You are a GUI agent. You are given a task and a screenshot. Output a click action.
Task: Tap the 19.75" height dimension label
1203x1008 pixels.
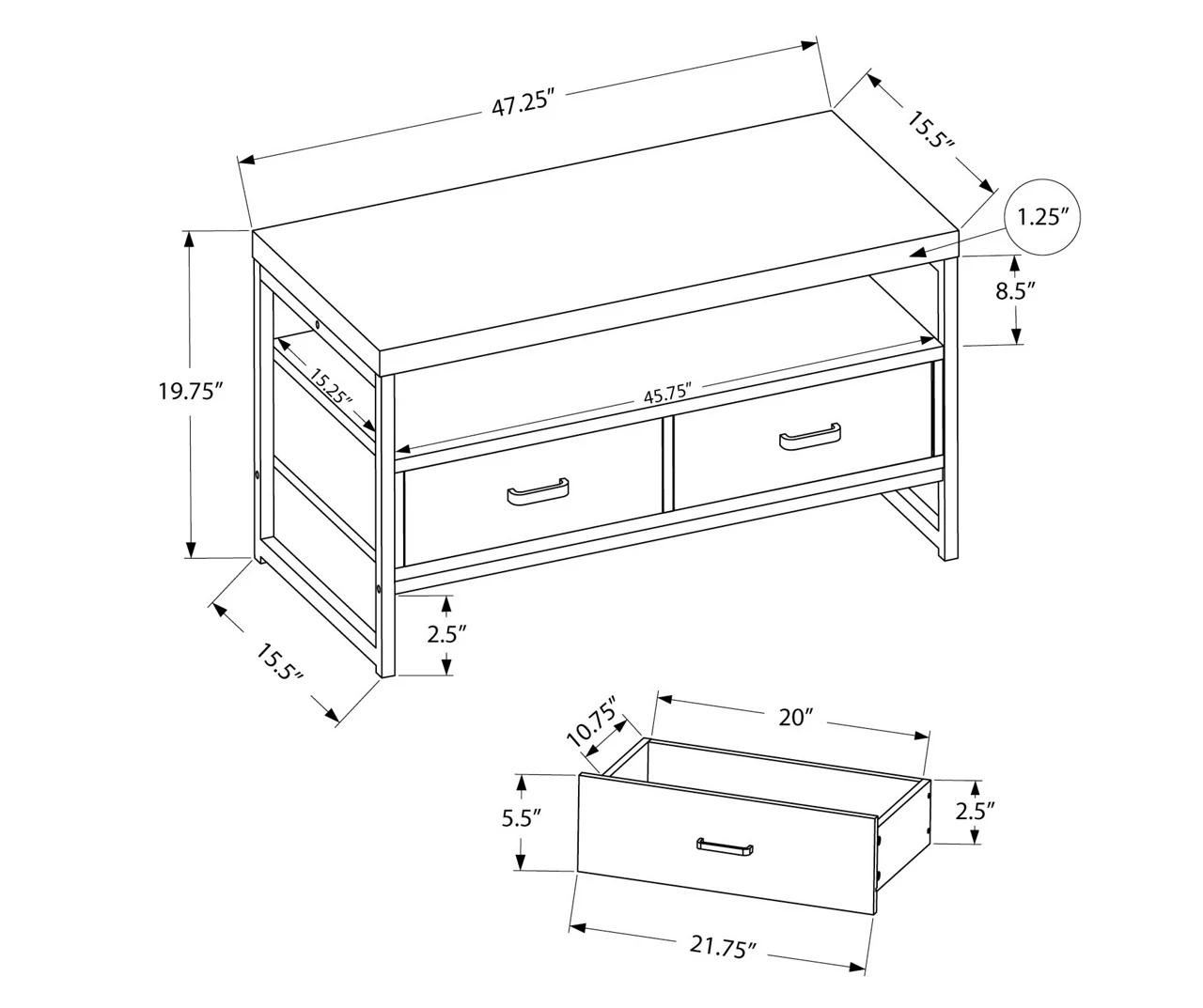coord(190,391)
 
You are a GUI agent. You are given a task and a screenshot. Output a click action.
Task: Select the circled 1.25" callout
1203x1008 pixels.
coord(1043,218)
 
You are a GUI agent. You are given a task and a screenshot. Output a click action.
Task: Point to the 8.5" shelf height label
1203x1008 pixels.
coord(1015,291)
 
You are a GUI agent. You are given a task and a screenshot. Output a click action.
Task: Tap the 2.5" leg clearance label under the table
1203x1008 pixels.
coord(446,634)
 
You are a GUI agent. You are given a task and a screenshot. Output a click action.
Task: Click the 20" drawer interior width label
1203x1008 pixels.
coord(794,719)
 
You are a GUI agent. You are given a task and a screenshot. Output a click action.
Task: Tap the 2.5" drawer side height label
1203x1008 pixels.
coord(975,809)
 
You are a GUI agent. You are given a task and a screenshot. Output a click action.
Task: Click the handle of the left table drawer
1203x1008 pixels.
coord(537,492)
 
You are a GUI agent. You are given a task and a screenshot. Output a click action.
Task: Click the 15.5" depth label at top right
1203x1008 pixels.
coord(931,131)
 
